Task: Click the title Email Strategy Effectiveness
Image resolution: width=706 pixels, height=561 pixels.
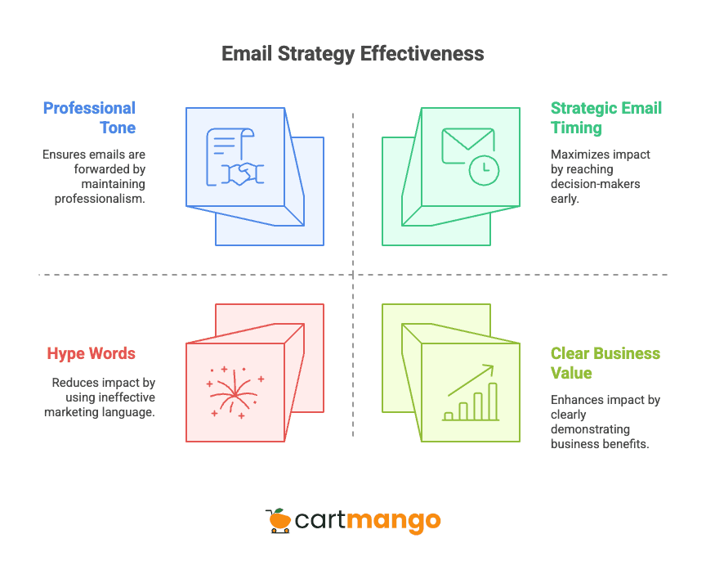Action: pyautogui.click(x=353, y=54)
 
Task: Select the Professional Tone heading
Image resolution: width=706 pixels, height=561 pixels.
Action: pyautogui.click(x=90, y=118)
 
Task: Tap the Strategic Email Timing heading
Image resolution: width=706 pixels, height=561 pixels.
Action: pyautogui.click(x=605, y=118)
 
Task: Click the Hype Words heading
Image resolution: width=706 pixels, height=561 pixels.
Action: pyautogui.click(x=91, y=353)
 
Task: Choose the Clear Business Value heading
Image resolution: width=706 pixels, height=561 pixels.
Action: pyautogui.click(x=605, y=363)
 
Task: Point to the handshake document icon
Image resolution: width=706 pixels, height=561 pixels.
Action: pyautogui.click(x=235, y=156)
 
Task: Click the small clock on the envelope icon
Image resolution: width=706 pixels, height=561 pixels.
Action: pyautogui.click(x=484, y=168)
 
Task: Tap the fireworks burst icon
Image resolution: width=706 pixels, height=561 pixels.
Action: pyautogui.click(x=235, y=392)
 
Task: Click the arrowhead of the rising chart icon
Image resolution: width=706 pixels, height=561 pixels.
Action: pyautogui.click(x=489, y=369)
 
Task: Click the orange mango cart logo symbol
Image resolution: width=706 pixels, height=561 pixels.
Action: pyautogui.click(x=279, y=520)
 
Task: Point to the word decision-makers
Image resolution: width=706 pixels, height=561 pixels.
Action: pyautogui.click(x=595, y=184)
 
